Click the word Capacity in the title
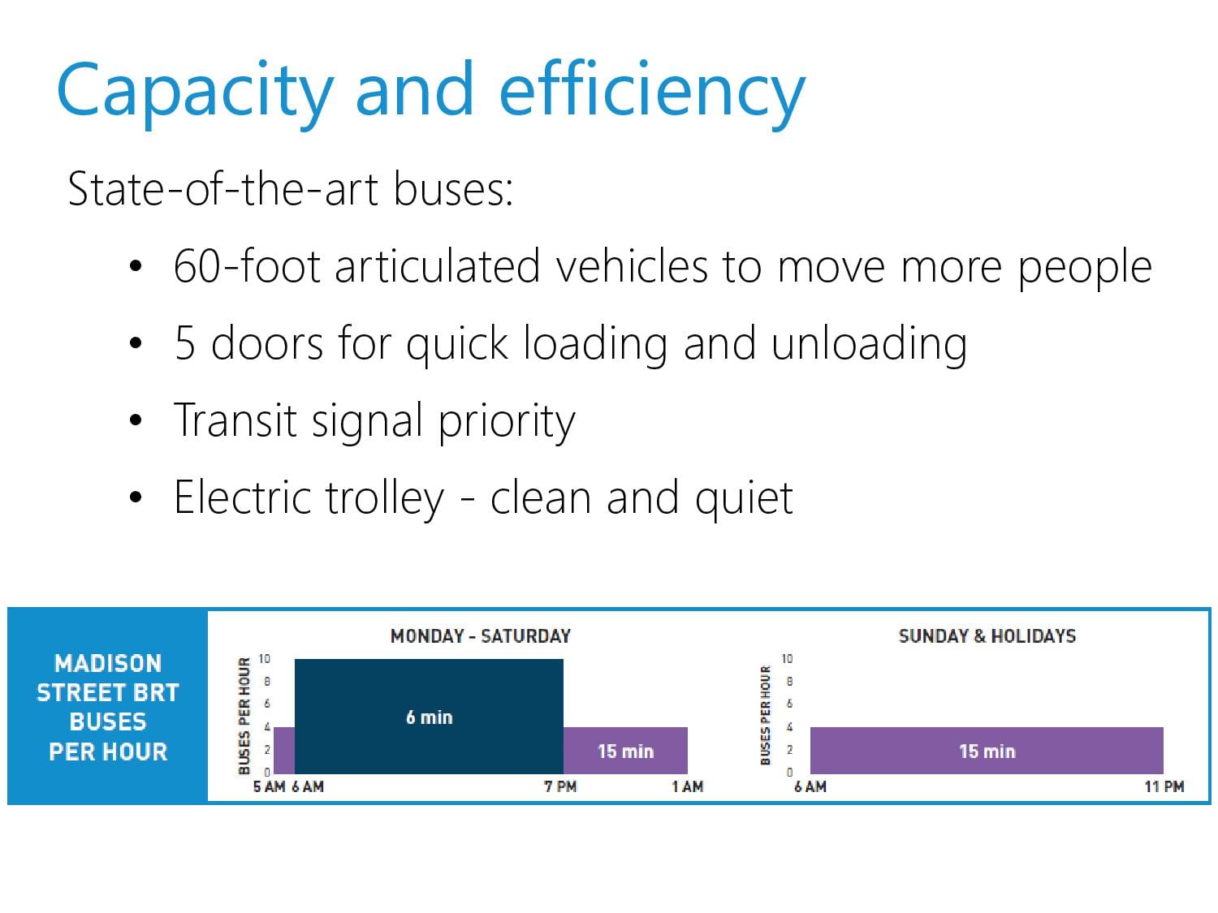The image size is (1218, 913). tap(195, 92)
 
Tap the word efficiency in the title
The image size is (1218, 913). tap(652, 92)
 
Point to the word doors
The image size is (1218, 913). tap(266, 342)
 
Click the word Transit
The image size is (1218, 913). tap(235, 420)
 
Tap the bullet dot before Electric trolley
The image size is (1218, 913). tap(136, 497)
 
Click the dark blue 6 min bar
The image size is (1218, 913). tap(429, 717)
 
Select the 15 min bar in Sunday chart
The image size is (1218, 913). tap(986, 751)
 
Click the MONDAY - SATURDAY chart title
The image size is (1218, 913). tap(481, 635)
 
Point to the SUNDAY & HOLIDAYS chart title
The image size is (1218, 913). tap(987, 635)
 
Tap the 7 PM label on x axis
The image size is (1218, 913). tap(560, 786)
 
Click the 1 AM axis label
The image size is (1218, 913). tap(688, 786)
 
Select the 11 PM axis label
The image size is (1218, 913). tap(1164, 786)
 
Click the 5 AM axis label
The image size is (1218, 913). tap(269, 786)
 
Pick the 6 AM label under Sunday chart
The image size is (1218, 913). tap(810, 786)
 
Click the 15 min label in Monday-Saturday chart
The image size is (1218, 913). tap(625, 752)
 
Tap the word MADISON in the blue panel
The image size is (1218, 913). tap(108, 663)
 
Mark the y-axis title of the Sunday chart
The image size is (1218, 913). tap(766, 715)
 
